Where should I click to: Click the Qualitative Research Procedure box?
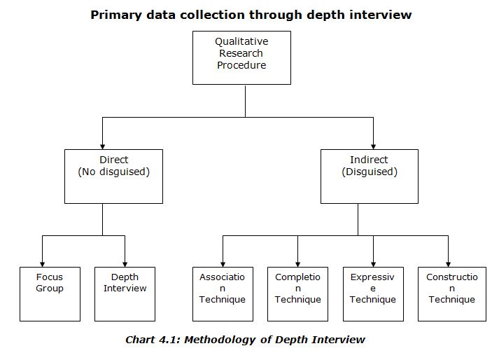[241, 57]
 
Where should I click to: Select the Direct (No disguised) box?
[113, 176]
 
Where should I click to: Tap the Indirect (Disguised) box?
[369, 176]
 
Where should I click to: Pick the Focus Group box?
[50, 293]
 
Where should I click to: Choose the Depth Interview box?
[125, 293]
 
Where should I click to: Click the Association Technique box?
[223, 293]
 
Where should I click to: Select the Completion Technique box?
[297, 293]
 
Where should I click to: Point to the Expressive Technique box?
[372, 293]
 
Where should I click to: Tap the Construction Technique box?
[451, 293]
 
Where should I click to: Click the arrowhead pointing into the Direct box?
[102, 145]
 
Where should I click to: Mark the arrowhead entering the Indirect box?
[373, 145]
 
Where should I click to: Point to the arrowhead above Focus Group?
[42, 263]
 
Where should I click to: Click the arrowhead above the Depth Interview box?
[125, 263]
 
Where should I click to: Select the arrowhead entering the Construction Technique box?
[448, 263]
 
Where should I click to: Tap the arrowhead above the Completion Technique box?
[297, 263]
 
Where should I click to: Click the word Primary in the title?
[115, 14]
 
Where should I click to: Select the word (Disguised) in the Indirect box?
[369, 172]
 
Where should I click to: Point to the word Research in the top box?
[241, 53]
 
